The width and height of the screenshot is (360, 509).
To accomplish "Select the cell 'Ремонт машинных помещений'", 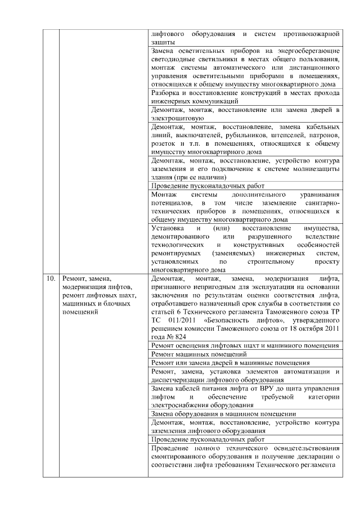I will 199,354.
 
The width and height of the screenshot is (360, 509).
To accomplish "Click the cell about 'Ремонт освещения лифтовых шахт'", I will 245,345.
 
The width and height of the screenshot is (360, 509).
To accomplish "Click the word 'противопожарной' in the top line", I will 312,33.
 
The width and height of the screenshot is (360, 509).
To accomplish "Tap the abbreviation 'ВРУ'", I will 251,389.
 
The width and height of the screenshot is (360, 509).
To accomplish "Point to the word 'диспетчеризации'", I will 183,379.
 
